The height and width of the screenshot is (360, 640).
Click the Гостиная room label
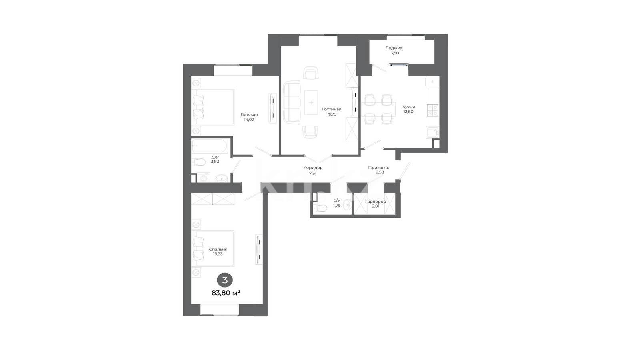[x=332, y=109]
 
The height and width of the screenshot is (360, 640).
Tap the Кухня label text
[x=408, y=107]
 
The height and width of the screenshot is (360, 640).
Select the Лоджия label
[x=394, y=48]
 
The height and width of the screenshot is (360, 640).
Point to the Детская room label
[x=249, y=114]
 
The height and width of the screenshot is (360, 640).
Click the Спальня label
[x=218, y=250]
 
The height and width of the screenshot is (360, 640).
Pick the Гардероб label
[x=376, y=202]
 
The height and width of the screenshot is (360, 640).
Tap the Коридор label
[x=313, y=168]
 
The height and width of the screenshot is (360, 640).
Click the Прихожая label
[x=379, y=168]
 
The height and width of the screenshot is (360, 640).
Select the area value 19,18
[x=332, y=114]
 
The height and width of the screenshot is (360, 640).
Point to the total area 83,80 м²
[x=226, y=293]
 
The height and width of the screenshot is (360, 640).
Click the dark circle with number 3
[x=225, y=280]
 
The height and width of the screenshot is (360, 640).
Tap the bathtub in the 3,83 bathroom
[x=210, y=146]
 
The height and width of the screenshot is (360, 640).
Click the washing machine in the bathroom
[x=204, y=178]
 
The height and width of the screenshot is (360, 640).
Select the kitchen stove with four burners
[x=432, y=110]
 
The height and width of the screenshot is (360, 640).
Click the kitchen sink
[x=432, y=132]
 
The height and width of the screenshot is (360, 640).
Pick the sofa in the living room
[x=292, y=102]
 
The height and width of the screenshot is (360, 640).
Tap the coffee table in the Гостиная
[x=311, y=102]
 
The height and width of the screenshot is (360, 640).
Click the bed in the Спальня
[x=213, y=248]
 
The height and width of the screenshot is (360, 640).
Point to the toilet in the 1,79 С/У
[x=320, y=208]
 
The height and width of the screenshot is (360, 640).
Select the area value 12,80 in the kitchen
[x=408, y=112]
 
